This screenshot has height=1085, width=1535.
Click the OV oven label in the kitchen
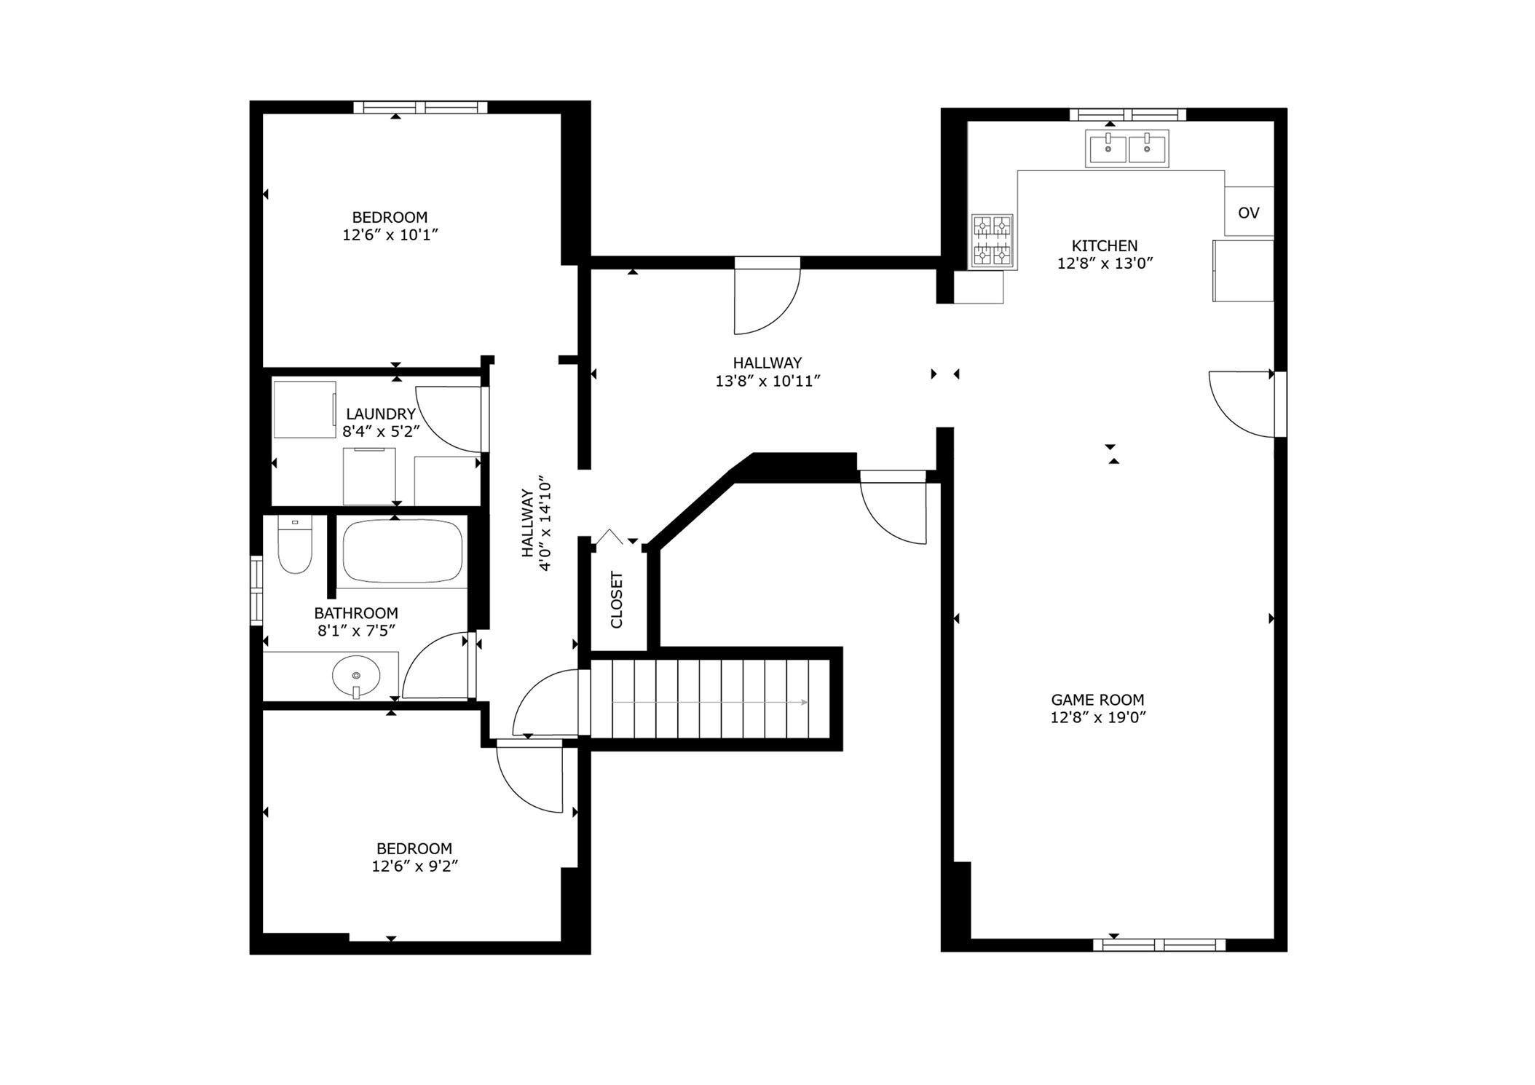click(1248, 213)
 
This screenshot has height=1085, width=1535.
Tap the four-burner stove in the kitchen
click(993, 241)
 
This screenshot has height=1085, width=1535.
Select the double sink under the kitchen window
click(1126, 149)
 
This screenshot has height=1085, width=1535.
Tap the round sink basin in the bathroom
click(356, 675)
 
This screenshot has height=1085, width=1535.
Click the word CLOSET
click(617, 599)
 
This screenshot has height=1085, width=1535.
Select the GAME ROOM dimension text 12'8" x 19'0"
click(1097, 717)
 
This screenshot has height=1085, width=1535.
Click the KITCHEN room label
click(1104, 245)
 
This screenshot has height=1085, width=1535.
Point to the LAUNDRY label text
click(380, 414)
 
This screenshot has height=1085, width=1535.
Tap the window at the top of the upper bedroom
click(420, 108)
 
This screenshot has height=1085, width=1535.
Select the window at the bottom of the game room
click(1159, 945)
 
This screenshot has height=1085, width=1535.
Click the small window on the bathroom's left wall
click(256, 591)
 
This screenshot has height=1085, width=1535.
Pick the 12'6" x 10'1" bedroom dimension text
click(390, 235)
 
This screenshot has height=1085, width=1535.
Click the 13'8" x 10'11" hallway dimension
click(767, 381)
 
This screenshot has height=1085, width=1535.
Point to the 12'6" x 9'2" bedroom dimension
click(414, 867)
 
